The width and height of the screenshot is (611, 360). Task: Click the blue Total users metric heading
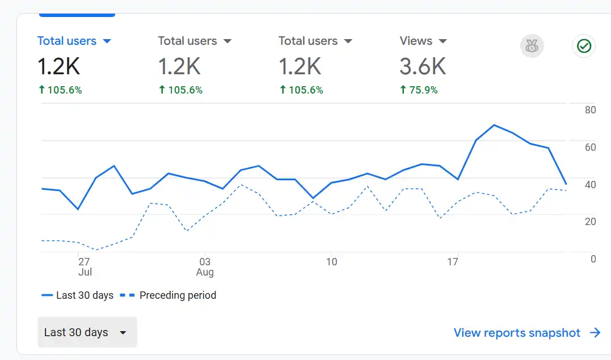click(67, 41)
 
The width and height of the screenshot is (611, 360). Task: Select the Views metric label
click(416, 41)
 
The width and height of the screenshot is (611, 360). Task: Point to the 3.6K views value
click(423, 66)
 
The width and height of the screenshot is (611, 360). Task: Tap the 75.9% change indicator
click(419, 90)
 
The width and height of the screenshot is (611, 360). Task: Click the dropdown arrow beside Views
click(443, 41)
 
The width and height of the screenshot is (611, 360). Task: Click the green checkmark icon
click(584, 46)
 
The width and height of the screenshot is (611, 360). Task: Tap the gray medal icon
click(532, 46)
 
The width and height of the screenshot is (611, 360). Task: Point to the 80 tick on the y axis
click(590, 110)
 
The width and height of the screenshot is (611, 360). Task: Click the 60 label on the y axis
click(590, 147)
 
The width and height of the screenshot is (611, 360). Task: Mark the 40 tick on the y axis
click(590, 184)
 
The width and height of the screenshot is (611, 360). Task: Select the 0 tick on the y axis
click(593, 259)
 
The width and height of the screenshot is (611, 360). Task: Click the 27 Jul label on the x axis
click(85, 266)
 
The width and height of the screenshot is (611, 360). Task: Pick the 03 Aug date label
click(205, 266)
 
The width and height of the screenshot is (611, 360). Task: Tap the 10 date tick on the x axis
click(331, 262)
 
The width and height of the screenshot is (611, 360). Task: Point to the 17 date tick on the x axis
click(452, 262)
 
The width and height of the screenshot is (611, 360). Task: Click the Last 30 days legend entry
click(78, 295)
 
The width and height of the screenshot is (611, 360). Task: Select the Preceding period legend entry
click(168, 295)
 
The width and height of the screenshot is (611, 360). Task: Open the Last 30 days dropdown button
click(87, 332)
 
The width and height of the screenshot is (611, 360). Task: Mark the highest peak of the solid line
click(494, 125)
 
